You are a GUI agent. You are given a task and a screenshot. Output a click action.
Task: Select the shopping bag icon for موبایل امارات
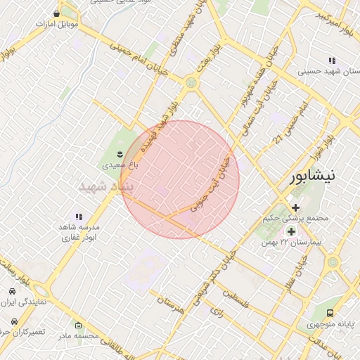pyautogui.click(x=56, y=13)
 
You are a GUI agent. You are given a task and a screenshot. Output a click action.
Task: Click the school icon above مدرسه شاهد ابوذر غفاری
pyautogui.click(x=79, y=217)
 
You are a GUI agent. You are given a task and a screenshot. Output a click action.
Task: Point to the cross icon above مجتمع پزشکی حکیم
pyautogui.click(x=295, y=207)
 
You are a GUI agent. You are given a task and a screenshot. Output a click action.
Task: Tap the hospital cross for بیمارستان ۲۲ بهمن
pyautogui.click(x=290, y=231)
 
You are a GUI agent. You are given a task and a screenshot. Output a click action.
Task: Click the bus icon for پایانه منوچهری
pyautogui.click(x=330, y=314)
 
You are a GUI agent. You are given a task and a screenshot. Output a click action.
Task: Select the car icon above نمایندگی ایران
pyautogui.click(x=13, y=290)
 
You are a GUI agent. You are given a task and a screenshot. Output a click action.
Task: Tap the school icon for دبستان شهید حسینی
pyautogui.click(x=332, y=61)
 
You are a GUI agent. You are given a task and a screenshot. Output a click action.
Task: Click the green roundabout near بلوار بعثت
pyautogui.click(x=191, y=83)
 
